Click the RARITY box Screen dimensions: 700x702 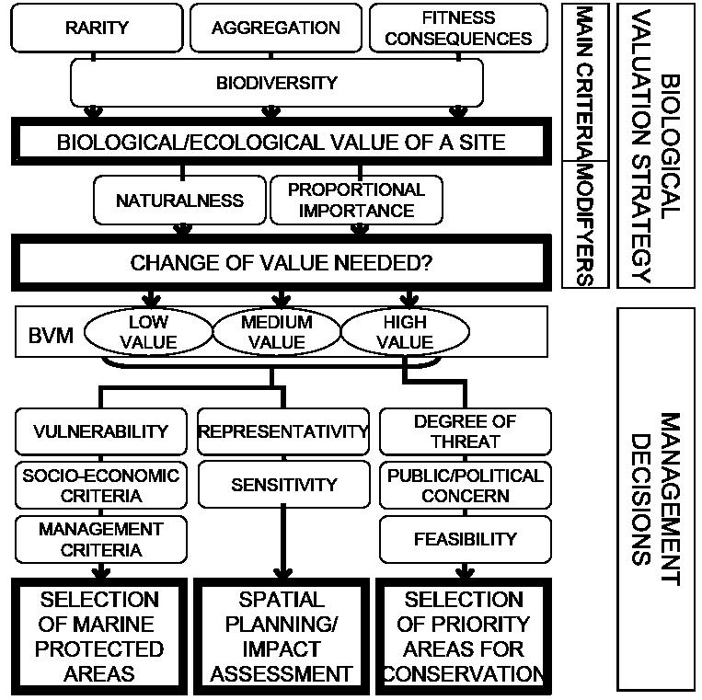tap(96, 28)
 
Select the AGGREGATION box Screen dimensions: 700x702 tap(275, 28)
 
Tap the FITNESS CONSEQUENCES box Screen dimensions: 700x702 tap(458, 28)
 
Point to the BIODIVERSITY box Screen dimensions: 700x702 tap(277, 83)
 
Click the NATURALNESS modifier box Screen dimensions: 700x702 tap(179, 200)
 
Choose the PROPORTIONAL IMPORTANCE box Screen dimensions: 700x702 tap(356, 200)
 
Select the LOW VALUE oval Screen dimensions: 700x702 tap(147, 332)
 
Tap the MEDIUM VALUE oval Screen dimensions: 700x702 tap(277, 332)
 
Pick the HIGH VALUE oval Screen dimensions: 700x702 tap(405, 332)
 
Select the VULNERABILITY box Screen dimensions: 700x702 tap(101, 430)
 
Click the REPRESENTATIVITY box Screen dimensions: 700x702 tap(283, 430)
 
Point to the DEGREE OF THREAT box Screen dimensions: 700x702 tap(465, 430)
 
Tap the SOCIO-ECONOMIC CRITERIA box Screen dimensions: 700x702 tap(101, 485)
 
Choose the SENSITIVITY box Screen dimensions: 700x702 tap(283, 485)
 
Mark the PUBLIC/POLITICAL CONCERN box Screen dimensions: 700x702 tap(465, 485)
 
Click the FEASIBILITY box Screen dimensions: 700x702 tap(465, 539)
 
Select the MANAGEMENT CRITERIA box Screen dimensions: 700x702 tap(101, 539)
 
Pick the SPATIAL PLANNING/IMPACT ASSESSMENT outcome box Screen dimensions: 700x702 tap(282, 637)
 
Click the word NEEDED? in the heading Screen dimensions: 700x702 tap(385, 262)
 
